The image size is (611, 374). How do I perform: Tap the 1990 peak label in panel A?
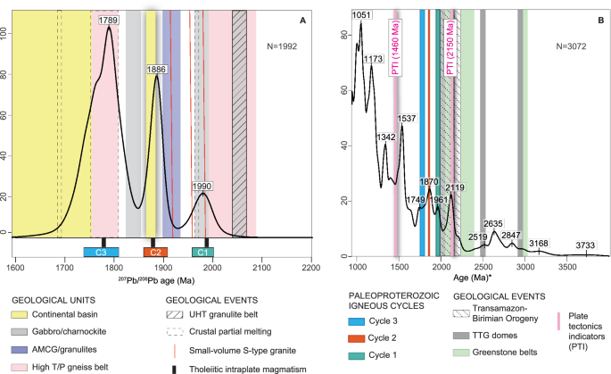click(203, 186)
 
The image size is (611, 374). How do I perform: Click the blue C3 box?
click(103, 253)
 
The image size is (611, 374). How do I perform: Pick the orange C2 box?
click(155, 253)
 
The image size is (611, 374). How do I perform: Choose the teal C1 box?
click(202, 253)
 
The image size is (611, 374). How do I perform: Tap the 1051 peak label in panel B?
click(361, 15)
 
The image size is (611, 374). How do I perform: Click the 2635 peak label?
click(494, 223)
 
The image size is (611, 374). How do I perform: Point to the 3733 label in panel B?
click(585, 245)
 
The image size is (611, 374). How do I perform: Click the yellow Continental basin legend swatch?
click(21, 314)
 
